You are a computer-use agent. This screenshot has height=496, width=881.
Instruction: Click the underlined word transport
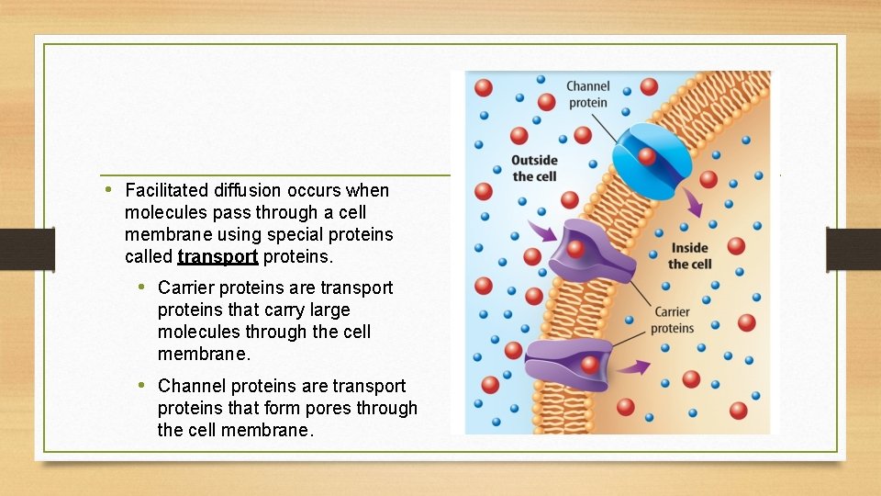(x=217, y=256)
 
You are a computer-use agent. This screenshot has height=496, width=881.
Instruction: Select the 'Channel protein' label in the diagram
(x=587, y=95)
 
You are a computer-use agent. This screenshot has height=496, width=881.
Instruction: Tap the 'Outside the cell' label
(x=534, y=168)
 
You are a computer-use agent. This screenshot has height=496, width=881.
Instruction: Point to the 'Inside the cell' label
(x=689, y=255)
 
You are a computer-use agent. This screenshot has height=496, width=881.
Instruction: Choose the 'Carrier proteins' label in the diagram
(x=674, y=320)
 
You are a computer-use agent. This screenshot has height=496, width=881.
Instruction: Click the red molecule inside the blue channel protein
(x=647, y=156)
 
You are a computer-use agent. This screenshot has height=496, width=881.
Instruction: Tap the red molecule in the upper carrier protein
(x=575, y=248)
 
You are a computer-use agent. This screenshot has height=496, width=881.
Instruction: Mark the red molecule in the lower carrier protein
(x=589, y=364)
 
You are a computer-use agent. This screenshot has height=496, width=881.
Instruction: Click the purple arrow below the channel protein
(x=694, y=203)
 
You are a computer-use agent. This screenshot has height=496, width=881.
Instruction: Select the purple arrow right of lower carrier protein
(x=632, y=367)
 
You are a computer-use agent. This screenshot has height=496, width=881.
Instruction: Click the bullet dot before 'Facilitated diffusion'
(x=108, y=190)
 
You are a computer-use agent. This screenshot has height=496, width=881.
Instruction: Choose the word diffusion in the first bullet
(x=248, y=191)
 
